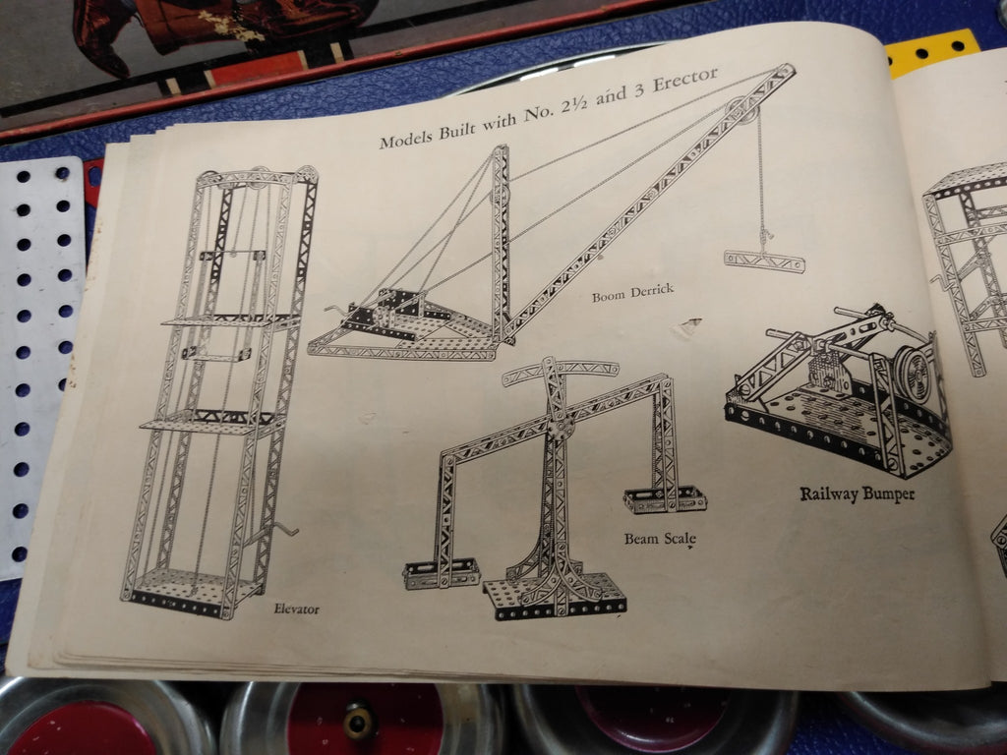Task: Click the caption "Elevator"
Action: pos(296,608)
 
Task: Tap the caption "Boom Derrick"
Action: pos(632,293)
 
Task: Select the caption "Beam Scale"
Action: pos(660,539)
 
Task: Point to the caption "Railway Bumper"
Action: pos(858,494)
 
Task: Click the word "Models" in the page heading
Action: pos(406,138)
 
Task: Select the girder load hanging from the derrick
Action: pos(764,261)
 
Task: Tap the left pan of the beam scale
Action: pos(442,573)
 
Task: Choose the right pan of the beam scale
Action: pos(665,498)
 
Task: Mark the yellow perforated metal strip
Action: pos(932,51)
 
